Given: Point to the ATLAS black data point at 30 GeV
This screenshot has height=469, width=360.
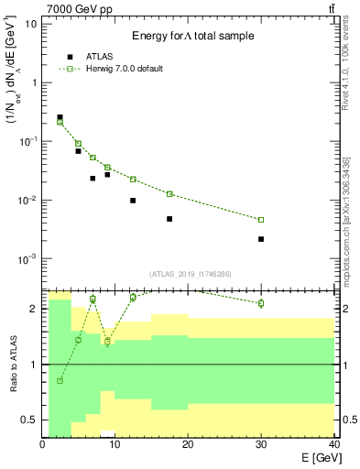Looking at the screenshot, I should point(261,239).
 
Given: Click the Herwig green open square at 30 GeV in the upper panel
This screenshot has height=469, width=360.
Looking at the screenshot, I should point(261,220).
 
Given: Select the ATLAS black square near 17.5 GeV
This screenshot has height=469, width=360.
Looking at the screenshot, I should point(169,219).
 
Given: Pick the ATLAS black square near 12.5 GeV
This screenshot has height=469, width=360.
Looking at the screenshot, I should point(133,201).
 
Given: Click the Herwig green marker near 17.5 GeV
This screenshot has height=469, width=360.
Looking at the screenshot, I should point(169,193).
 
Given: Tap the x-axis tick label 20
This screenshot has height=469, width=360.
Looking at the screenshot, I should point(188,444).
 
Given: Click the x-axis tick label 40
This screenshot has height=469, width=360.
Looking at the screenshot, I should point(333,444).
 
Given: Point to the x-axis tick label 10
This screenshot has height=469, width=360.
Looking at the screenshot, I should point(115,444).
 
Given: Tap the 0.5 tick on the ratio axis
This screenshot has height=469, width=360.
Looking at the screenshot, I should point(28,420).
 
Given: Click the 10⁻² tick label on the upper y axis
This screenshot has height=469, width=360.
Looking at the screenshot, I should point(27,200).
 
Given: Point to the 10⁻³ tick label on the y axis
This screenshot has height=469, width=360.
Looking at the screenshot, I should point(27,259).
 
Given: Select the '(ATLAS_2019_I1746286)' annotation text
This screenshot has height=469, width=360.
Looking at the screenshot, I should point(190,274).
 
